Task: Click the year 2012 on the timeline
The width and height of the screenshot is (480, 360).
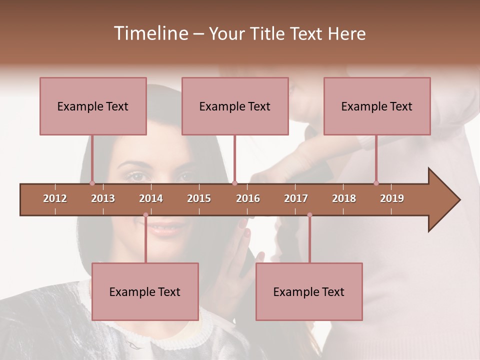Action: pos(55,198)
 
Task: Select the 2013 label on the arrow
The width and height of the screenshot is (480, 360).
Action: pos(103,198)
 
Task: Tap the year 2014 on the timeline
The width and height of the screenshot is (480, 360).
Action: pos(151,198)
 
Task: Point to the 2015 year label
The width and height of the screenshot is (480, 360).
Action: pos(199,198)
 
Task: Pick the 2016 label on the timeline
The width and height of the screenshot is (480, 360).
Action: pos(248,198)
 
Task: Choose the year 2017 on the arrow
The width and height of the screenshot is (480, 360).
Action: pos(296,198)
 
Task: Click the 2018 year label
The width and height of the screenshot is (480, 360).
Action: pos(344,198)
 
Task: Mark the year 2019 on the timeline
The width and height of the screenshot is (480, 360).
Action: pos(392,198)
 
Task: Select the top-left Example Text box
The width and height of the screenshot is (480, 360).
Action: pos(93,106)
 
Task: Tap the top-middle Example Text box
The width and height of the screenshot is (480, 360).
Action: pos(235,106)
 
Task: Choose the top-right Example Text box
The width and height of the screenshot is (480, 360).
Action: pos(377,106)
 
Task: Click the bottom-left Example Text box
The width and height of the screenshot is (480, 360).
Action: pos(145,291)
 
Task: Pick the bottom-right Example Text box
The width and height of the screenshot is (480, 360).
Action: pos(309,291)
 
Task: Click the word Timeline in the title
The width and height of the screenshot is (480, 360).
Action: pos(149,33)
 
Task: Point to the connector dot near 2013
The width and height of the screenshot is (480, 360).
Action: pos(92,183)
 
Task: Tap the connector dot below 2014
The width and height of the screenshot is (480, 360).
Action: pos(145,215)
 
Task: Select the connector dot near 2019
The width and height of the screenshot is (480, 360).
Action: pos(376,183)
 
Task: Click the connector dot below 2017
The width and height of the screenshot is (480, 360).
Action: pos(309,215)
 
